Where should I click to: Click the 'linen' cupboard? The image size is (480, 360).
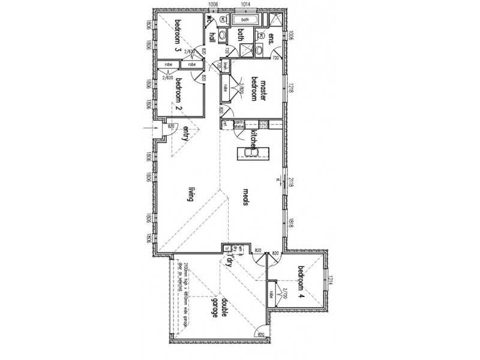point(226,67)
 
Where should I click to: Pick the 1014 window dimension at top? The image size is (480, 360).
point(245,5)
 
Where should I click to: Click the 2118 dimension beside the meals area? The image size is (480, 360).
point(290,182)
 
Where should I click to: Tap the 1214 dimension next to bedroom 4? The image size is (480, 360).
point(330,279)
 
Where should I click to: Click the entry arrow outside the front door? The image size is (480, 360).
point(148,128)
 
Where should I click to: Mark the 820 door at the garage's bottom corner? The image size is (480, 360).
point(261,334)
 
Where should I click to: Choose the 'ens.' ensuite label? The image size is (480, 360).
point(271,40)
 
